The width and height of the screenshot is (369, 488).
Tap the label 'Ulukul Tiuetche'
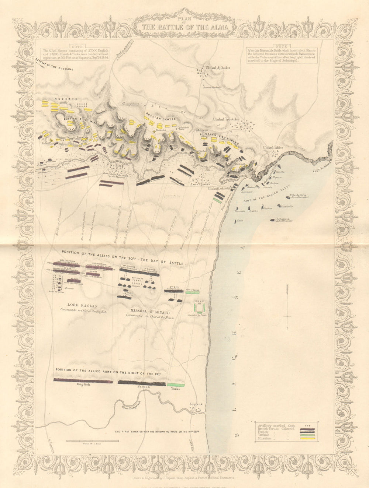point(227,119)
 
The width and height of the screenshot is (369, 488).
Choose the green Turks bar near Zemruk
point(176,385)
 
